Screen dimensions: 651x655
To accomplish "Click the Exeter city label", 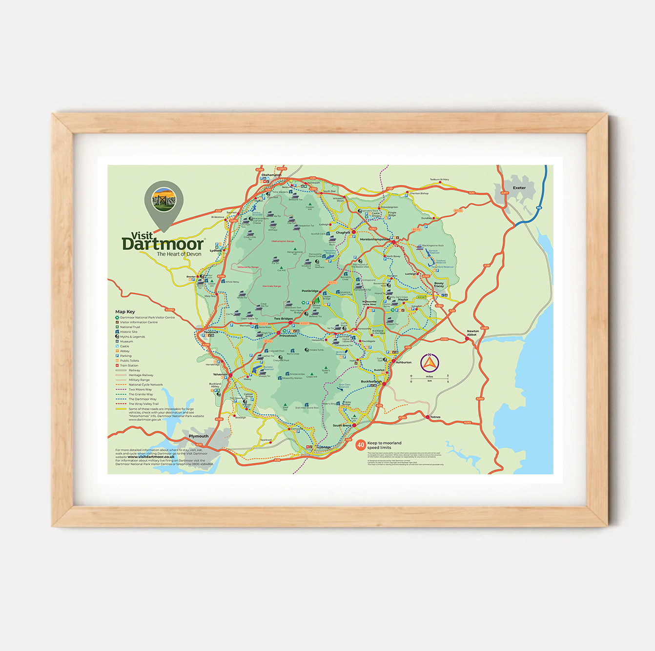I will point(519,188).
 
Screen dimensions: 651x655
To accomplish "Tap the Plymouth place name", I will point(199,436).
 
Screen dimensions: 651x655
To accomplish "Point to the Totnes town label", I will point(435,417).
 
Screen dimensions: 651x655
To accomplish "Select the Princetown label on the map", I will point(288,336).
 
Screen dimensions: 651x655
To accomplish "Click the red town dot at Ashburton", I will point(393,362).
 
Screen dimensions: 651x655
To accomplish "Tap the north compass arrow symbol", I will point(430,363).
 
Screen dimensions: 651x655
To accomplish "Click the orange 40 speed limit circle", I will point(361,445).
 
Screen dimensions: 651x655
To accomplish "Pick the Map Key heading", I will point(125,311).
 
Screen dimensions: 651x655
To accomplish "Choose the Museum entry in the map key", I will point(126,342).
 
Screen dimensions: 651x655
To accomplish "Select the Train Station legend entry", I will point(129,366).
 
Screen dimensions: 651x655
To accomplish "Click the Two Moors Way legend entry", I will point(140,389).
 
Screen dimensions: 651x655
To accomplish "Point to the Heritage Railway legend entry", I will point(141,375).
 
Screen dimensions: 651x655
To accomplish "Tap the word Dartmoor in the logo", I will point(163,244).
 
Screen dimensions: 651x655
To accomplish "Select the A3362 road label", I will point(169,309).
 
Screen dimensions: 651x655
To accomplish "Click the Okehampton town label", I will point(271,175).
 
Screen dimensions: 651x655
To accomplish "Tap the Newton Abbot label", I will point(472,333).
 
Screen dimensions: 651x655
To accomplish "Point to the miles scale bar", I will point(430,378).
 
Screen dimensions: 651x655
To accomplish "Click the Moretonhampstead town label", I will point(375,239).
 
